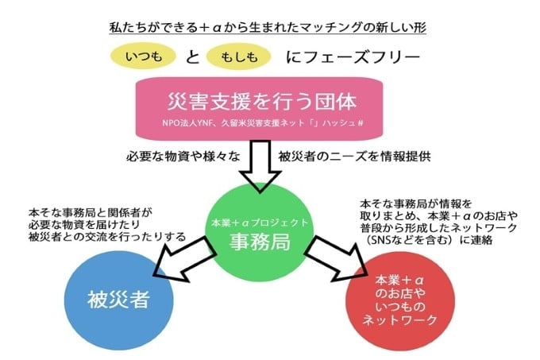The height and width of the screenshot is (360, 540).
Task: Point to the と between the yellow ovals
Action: [x=191, y=58]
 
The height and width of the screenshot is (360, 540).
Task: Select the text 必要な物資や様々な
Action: [x=174, y=156]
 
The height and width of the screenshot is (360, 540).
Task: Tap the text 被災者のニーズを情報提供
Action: [x=354, y=156]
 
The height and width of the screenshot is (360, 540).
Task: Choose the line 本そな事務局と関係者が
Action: [x=88, y=213]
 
